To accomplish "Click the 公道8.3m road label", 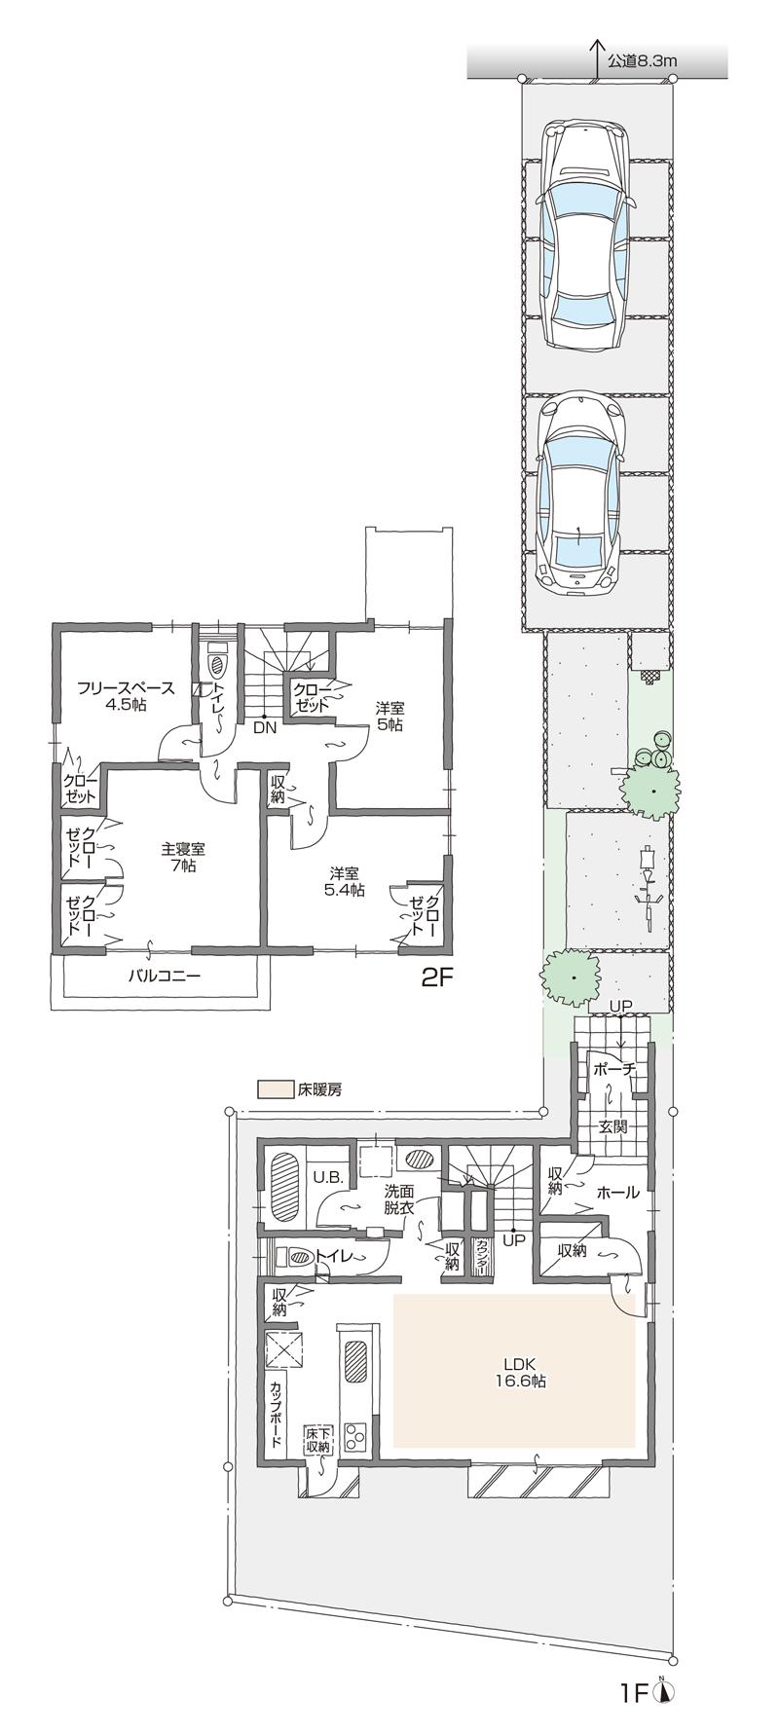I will [x=642, y=60].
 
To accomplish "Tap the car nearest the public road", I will [x=584, y=234].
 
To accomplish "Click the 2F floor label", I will [x=437, y=978].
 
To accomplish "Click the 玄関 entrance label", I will [x=612, y=1126].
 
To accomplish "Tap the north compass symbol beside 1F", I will [x=666, y=1692].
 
